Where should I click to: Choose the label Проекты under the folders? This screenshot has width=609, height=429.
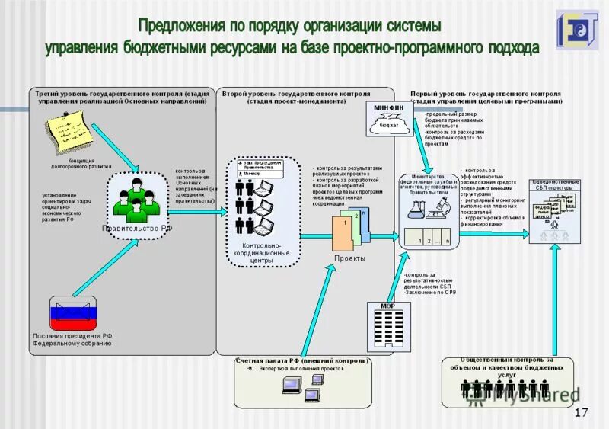349,258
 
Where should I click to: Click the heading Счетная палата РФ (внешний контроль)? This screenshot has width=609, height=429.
302,360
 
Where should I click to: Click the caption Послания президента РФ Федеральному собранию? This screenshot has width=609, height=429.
72,339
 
